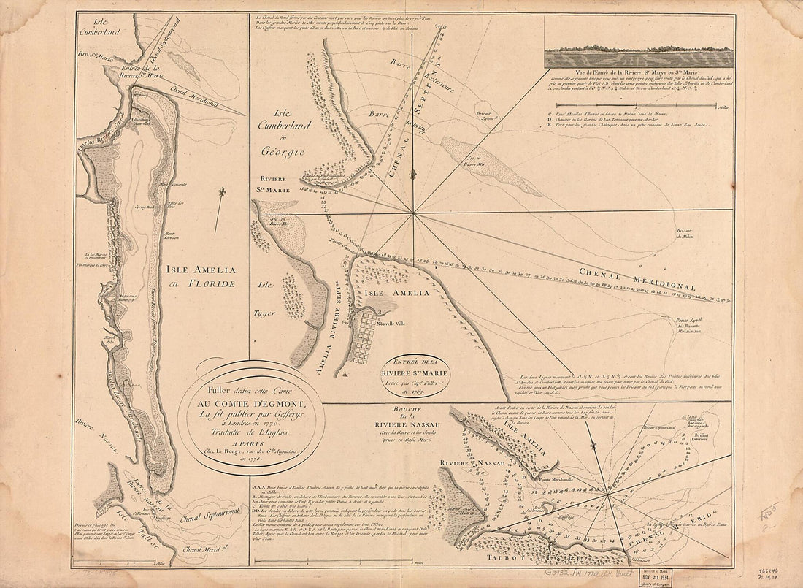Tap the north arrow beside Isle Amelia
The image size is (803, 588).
(x=220, y=201)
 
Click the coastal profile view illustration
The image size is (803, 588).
(x=639, y=58)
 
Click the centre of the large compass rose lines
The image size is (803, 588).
(x=413, y=213)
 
